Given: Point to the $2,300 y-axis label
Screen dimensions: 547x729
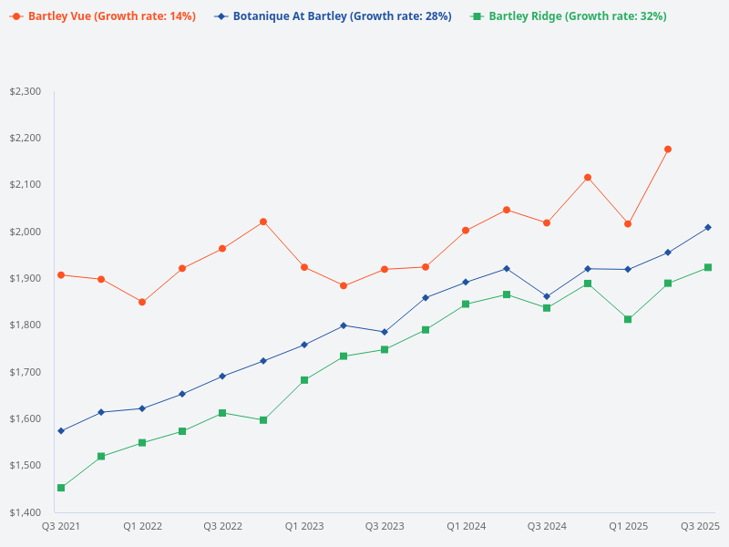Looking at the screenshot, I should tap(26, 91).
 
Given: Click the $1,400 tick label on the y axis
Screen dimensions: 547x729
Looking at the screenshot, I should tap(26, 511).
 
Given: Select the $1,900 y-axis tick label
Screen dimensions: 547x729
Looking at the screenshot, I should tap(26, 278).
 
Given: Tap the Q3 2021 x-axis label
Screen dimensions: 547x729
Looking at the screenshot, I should tap(61, 526).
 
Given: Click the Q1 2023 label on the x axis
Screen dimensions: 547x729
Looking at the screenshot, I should tap(303, 526).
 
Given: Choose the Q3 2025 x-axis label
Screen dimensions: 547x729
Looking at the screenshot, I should tap(701, 526).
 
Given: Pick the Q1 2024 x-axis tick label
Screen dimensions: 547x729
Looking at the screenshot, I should tap(466, 526).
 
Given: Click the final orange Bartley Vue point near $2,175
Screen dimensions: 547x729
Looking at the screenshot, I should tap(668, 149).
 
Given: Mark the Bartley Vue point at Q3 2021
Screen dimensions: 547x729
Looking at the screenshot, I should tap(61, 274).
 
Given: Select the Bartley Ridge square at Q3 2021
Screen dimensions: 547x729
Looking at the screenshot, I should tap(61, 488).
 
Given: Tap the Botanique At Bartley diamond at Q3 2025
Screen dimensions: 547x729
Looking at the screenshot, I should tap(708, 227).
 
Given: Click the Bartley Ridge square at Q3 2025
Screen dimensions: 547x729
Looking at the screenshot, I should tap(708, 267).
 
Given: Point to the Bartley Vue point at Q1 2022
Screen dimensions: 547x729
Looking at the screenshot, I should tap(142, 302).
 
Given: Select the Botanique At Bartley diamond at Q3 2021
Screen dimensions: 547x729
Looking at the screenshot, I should tap(61, 430).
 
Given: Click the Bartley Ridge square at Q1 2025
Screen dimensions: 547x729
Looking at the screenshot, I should tap(628, 319).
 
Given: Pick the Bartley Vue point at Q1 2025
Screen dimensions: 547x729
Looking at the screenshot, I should tap(628, 223).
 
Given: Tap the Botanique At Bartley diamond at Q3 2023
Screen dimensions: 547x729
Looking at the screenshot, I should tap(385, 332).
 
